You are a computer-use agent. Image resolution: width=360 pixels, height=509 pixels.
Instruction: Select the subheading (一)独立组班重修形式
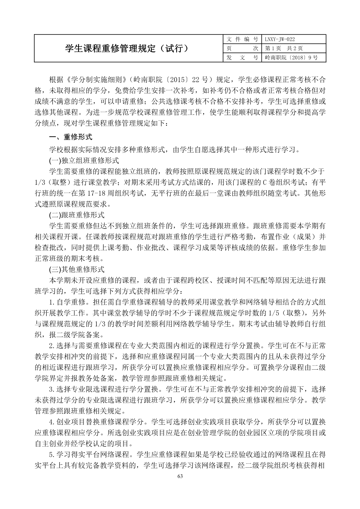(84, 160)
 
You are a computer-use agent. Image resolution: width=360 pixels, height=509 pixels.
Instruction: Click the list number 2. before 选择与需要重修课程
(52, 346)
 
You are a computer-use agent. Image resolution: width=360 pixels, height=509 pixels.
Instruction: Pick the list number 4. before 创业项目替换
(52, 422)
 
